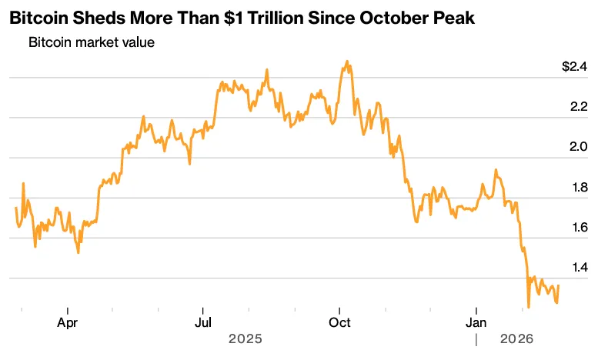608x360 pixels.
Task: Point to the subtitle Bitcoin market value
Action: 92,42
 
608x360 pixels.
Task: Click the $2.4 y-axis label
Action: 574,67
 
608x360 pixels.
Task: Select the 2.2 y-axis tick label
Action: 578,107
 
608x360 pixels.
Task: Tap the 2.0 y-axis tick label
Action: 578,147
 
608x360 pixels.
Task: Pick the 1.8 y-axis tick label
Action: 578,188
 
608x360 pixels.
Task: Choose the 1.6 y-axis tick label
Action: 578,228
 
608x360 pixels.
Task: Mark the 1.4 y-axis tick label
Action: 578,268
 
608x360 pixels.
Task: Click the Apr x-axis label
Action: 68,323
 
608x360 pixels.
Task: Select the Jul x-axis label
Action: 202,323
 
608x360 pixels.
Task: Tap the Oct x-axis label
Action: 339,323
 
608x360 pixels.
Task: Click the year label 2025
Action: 246,338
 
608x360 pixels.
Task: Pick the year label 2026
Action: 517,338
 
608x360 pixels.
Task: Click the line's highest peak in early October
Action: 347,61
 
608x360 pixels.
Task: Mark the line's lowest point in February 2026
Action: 529,307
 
